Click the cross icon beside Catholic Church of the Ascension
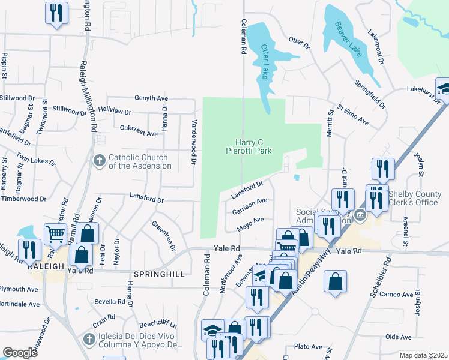coord(100,160)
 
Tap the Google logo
coord(20,353)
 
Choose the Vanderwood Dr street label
coord(194,142)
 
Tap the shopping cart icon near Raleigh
coord(55,235)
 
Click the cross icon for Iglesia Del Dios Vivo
coord(89,340)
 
